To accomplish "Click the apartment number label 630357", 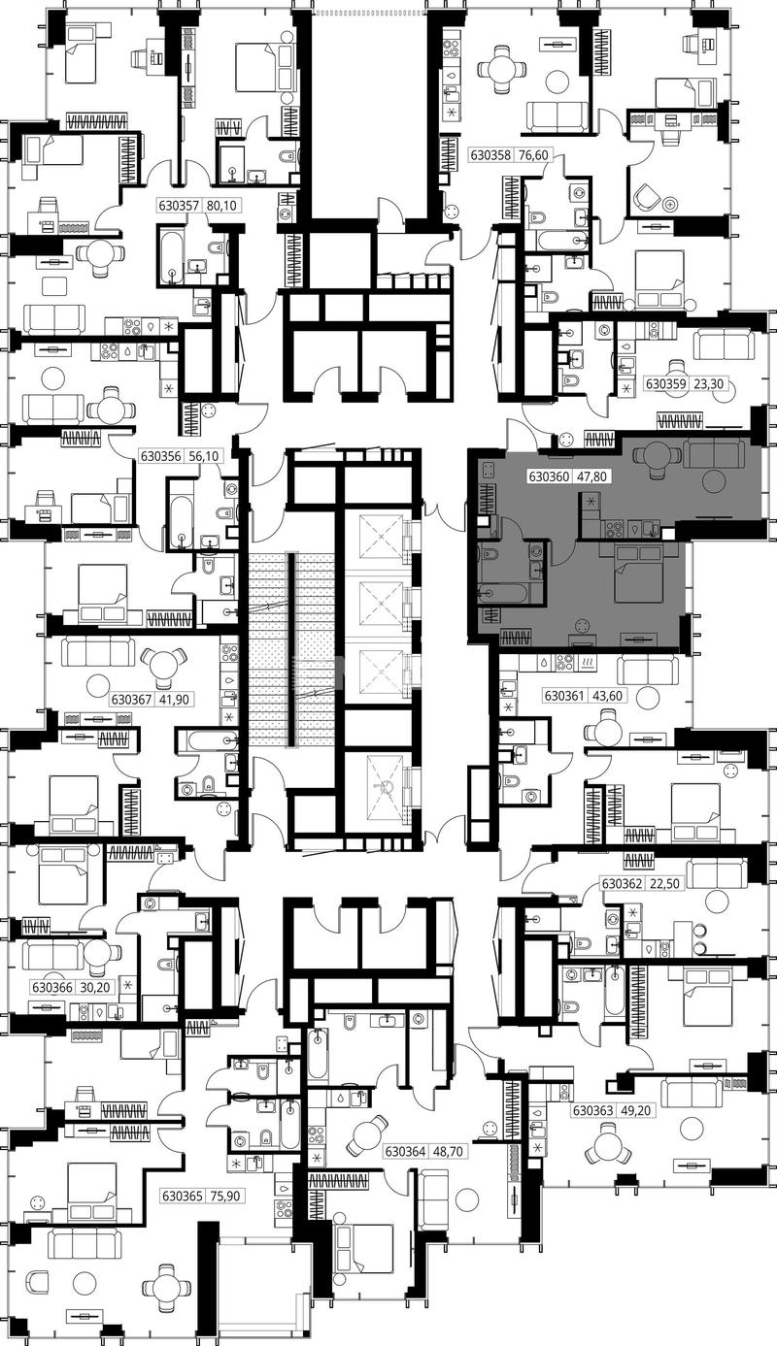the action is [178, 206].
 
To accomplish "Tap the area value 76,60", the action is [533, 155].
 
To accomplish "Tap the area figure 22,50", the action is [664, 884].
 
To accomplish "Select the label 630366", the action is [52, 987].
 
